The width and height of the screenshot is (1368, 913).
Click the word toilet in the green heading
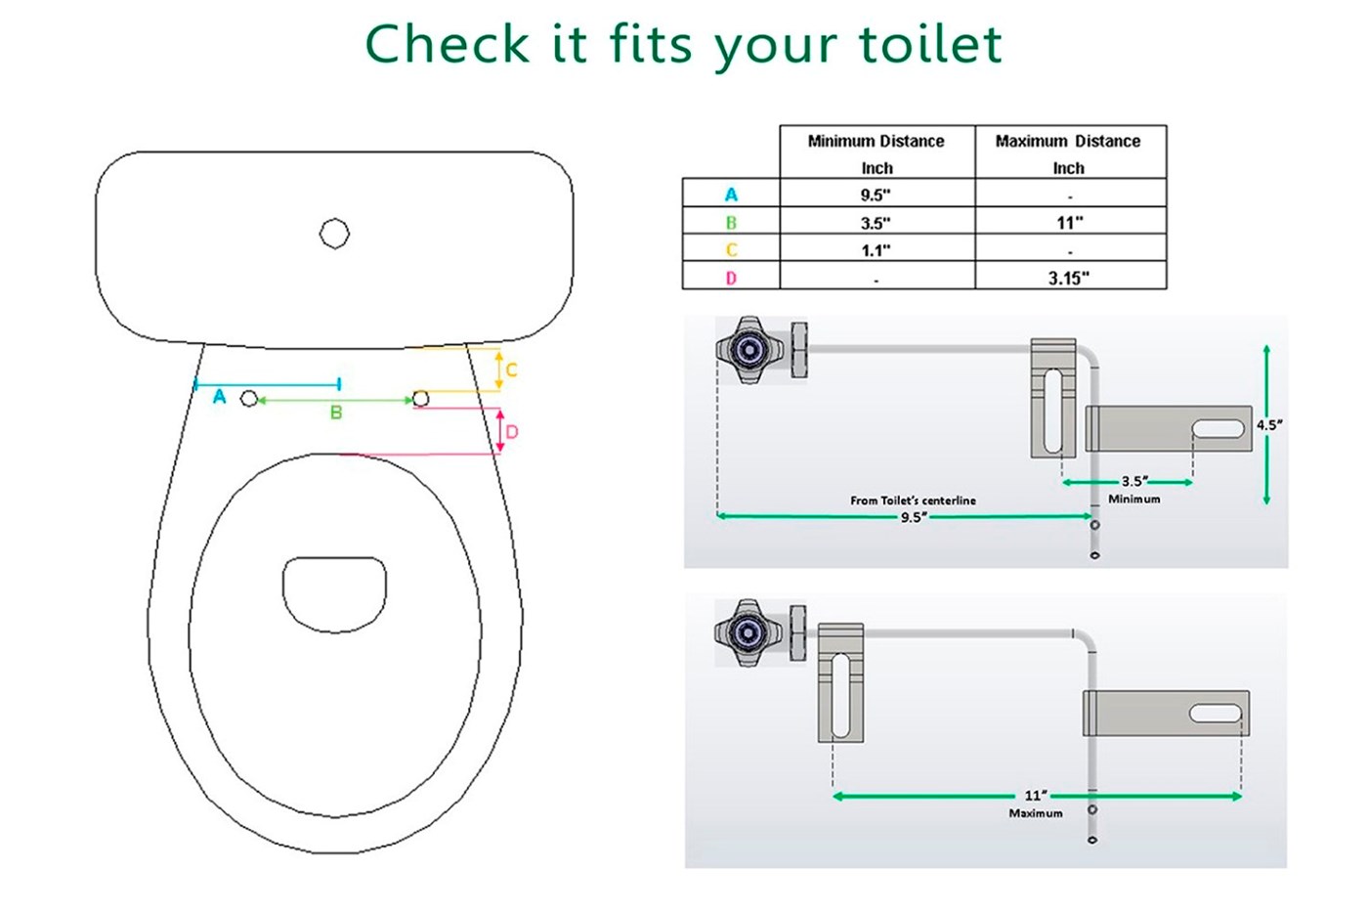(930, 44)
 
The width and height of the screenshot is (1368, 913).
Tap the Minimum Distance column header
(876, 154)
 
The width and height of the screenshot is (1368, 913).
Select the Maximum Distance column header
(1068, 154)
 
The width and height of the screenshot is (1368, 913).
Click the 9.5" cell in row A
(876, 195)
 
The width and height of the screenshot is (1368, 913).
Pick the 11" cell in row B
(1070, 223)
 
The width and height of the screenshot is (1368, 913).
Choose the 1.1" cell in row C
(876, 250)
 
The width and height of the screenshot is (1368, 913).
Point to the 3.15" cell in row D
(1069, 278)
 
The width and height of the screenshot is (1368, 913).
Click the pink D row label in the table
(731, 278)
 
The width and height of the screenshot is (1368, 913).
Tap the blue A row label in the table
(731, 195)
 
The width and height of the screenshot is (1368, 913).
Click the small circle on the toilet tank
(334, 234)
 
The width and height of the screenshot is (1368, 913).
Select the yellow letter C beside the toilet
(512, 370)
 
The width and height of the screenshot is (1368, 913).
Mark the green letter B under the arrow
(336, 413)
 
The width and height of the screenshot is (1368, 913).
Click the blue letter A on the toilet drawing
(219, 397)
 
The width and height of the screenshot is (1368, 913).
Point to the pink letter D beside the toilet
(512, 432)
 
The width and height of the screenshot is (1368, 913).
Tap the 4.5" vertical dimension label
(1269, 424)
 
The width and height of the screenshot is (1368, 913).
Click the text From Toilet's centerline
(913, 500)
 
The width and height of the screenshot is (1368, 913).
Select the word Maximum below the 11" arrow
(1036, 813)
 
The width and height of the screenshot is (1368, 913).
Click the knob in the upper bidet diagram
(749, 350)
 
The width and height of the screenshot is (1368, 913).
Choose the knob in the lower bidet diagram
(748, 632)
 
